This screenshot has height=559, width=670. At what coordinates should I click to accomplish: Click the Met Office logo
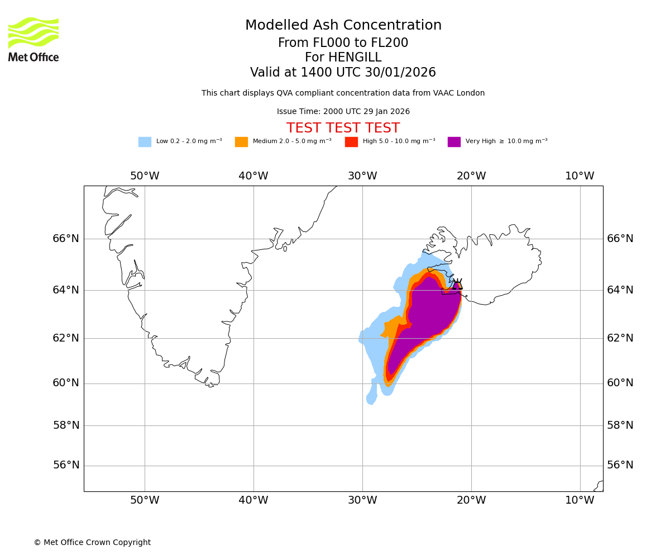pyautogui.click(x=33, y=39)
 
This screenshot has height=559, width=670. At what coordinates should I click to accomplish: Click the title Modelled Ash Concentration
pyautogui.click(x=343, y=26)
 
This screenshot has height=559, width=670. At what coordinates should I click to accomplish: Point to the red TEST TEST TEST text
pyautogui.click(x=343, y=128)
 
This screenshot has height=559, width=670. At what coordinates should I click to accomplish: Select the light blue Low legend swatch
pyautogui.click(x=145, y=142)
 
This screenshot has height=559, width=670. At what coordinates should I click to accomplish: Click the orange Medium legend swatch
pyautogui.click(x=241, y=142)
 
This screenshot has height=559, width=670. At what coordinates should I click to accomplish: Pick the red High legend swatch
pyautogui.click(x=351, y=142)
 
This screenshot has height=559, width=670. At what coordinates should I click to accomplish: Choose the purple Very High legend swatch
pyautogui.click(x=454, y=142)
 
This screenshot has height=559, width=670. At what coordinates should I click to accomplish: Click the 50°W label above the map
pyautogui.click(x=145, y=176)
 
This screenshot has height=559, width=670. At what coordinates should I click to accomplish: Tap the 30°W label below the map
pyautogui.click(x=362, y=500)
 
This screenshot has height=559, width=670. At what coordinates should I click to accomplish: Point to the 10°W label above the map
pyautogui.click(x=580, y=176)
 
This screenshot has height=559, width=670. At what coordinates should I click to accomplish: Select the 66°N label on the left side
pyautogui.click(x=66, y=239)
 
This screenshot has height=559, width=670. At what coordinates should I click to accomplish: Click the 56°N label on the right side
pyautogui.click(x=620, y=465)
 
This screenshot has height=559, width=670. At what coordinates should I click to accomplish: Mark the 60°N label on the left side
pyautogui.click(x=66, y=383)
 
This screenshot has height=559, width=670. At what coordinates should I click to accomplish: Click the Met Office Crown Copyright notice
pyautogui.click(x=92, y=542)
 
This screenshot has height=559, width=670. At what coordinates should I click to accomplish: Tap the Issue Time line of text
pyautogui.click(x=343, y=112)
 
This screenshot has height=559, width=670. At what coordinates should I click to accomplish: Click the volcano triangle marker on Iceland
pyautogui.click(x=457, y=285)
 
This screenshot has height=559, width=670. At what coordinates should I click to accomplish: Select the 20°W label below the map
pyautogui.click(x=471, y=500)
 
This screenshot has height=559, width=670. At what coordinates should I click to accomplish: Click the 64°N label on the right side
pyautogui.click(x=620, y=290)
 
